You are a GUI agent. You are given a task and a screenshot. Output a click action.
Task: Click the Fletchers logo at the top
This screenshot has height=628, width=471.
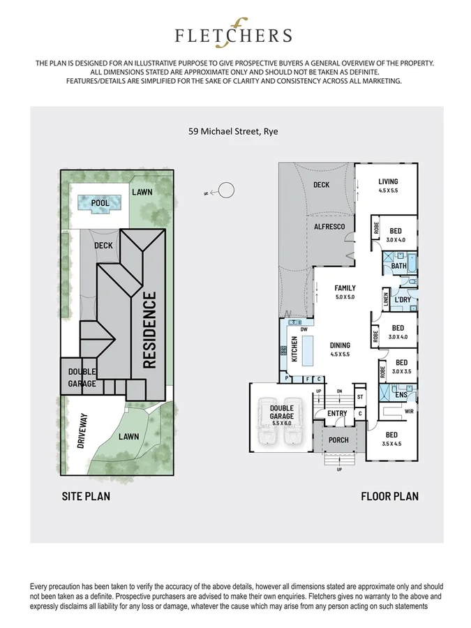[234, 35]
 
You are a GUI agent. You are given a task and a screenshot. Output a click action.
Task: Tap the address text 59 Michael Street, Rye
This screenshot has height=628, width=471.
[234, 130]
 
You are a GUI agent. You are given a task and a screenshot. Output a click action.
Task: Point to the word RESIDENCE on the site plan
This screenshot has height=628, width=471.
[149, 330]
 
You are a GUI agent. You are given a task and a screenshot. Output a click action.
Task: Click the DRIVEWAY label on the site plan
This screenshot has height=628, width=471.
[84, 431]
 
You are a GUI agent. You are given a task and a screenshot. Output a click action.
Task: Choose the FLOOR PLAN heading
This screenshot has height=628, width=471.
[389, 497]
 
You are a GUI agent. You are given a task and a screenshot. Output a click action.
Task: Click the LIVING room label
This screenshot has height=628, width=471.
[388, 182]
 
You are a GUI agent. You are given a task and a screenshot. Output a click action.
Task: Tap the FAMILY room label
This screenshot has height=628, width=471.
[345, 287]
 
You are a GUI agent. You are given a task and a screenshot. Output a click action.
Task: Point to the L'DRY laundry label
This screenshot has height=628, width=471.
[402, 300]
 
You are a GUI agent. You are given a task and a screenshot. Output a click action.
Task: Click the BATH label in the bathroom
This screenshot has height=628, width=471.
[398, 266]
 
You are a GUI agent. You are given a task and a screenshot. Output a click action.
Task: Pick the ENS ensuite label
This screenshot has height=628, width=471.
[401, 395]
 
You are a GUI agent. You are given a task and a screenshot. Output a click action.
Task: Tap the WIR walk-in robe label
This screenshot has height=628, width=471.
[410, 412]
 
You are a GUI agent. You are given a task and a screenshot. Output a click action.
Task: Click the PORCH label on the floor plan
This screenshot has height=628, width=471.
[338, 440]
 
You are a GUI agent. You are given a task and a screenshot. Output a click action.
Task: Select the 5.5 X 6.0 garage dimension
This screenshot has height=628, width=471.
[283, 424]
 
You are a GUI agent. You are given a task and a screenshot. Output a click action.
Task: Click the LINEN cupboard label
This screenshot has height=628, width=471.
[385, 299]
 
